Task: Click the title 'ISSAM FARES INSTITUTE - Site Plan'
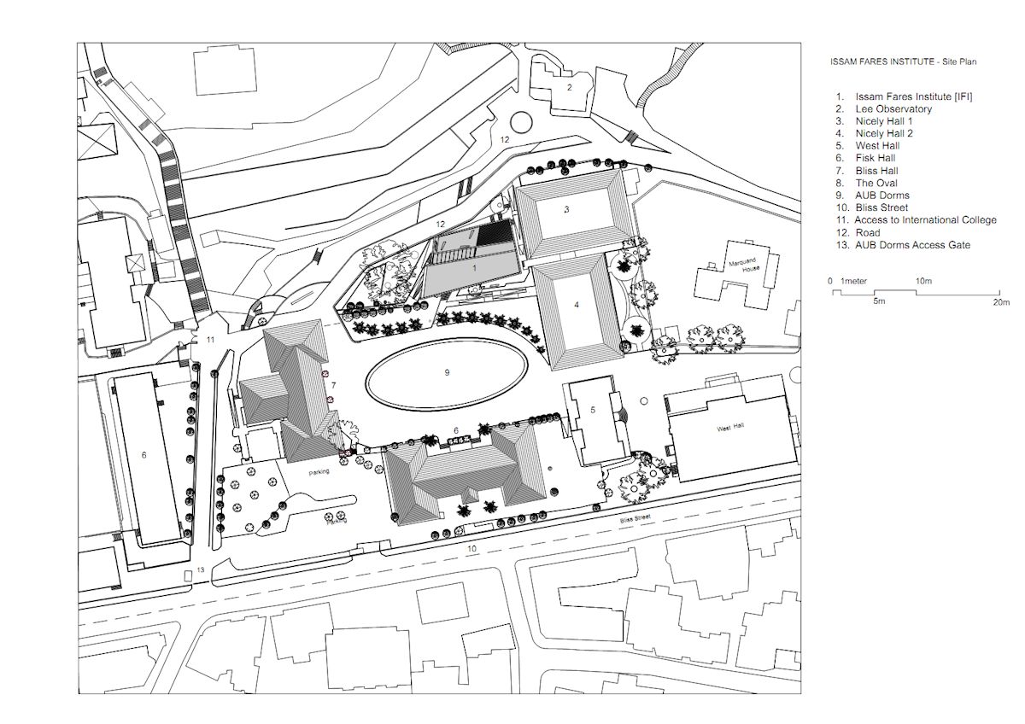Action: (x=904, y=61)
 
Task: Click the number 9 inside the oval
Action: (x=447, y=372)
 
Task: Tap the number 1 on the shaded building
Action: (x=475, y=268)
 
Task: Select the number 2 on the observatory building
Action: (x=569, y=87)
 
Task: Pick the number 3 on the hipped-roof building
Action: (x=567, y=209)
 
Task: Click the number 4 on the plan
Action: (x=577, y=305)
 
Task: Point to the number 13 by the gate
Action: (x=201, y=569)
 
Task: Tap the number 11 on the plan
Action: (x=210, y=340)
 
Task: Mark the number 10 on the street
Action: (x=471, y=548)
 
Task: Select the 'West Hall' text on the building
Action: (x=730, y=428)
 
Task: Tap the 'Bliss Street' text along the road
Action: (x=635, y=518)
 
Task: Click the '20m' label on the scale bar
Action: (x=1001, y=302)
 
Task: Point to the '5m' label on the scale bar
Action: (x=879, y=301)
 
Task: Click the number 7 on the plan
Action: (x=334, y=386)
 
